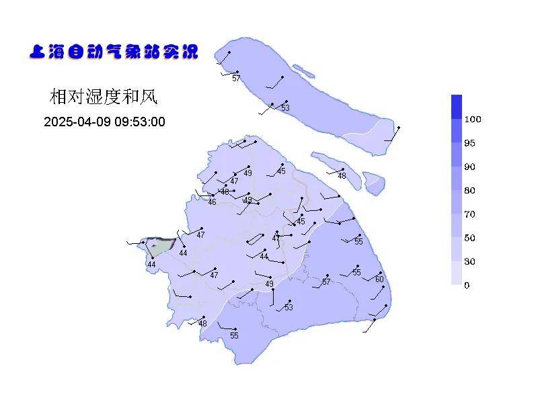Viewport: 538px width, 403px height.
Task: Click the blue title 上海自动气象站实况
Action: [114, 52]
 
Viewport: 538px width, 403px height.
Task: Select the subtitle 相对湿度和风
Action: [103, 97]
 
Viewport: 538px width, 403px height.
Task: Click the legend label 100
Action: [473, 120]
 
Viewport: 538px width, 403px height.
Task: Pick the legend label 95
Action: [469, 143]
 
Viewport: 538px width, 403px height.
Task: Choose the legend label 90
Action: [469, 167]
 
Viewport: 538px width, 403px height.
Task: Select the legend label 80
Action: [469, 191]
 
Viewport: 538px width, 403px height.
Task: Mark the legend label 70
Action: [469, 214]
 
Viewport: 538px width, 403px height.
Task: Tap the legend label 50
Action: [469, 238]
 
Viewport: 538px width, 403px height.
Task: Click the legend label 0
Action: [467, 285]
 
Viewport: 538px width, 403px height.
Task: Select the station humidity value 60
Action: [379, 279]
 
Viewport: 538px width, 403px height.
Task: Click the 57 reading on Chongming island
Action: [236, 79]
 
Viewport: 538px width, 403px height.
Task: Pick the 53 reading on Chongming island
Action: [285, 108]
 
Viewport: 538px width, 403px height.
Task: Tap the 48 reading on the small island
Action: [342, 176]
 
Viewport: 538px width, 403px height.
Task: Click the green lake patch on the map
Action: [159, 246]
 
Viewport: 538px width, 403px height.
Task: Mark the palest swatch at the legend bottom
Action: [457, 273]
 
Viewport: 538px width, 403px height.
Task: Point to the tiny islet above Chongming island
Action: [304, 70]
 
